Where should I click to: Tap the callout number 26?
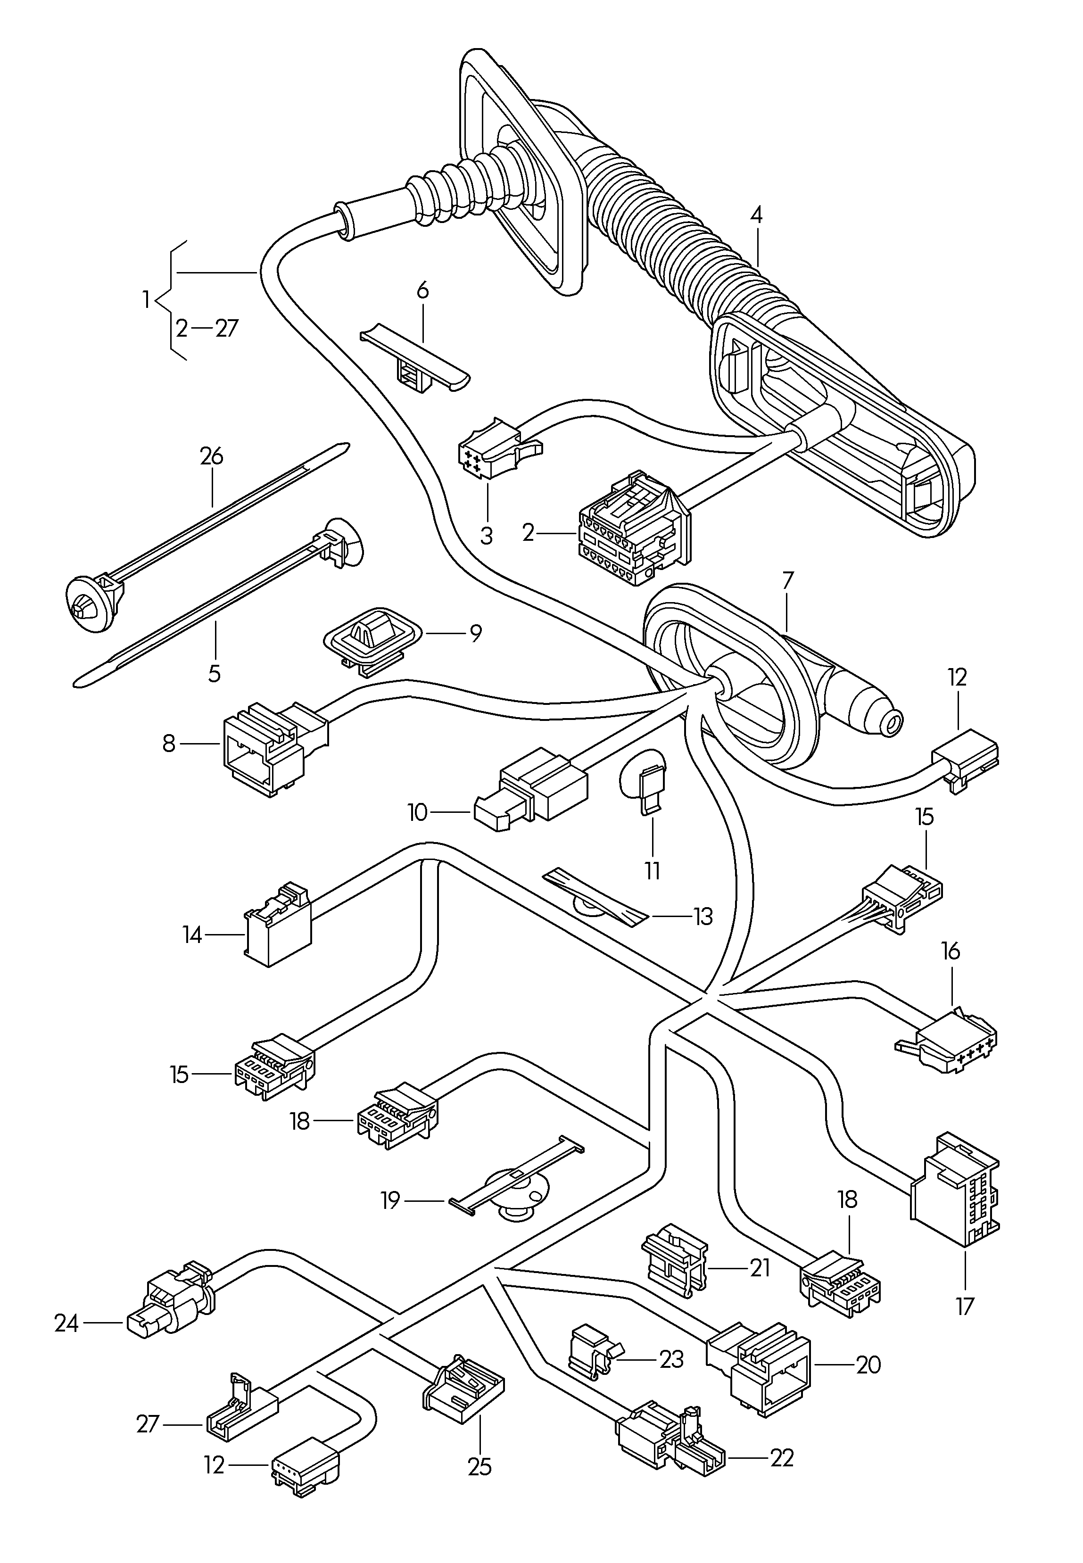click(x=211, y=456)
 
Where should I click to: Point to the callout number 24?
click(x=66, y=1323)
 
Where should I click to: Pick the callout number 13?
click(x=703, y=917)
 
